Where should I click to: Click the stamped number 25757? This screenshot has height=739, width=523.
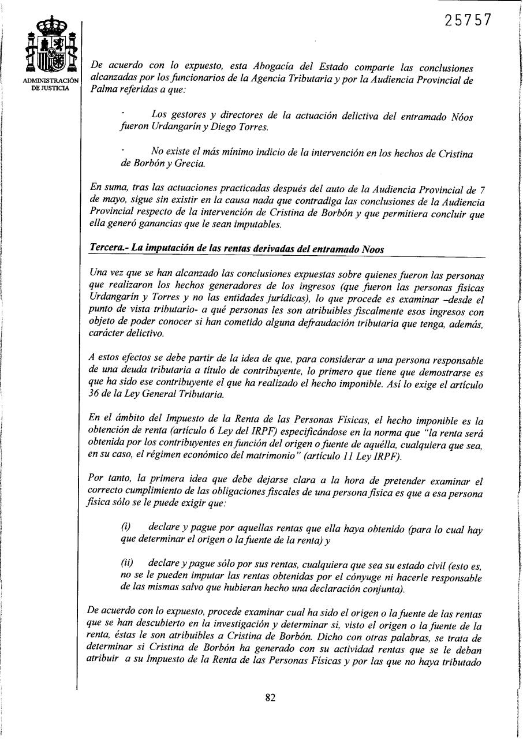pyautogui.click(x=468, y=20)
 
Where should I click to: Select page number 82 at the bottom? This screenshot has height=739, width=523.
pyautogui.click(x=270, y=697)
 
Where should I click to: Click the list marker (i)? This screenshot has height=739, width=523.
pyautogui.click(x=126, y=528)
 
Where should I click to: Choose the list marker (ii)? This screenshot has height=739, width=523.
pyautogui.click(x=128, y=562)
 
